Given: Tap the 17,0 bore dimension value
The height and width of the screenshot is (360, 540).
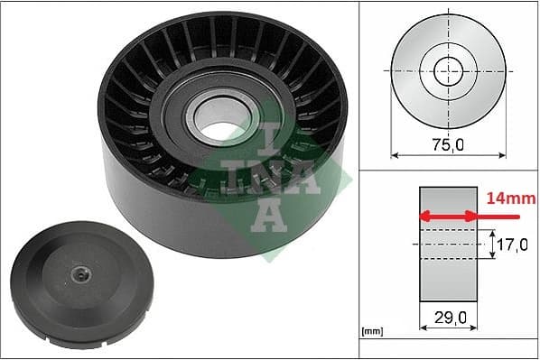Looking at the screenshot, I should [512, 244].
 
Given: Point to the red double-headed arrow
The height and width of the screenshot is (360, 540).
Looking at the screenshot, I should [448, 216].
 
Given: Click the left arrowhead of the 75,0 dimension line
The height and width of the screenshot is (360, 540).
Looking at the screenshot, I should [395, 154].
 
